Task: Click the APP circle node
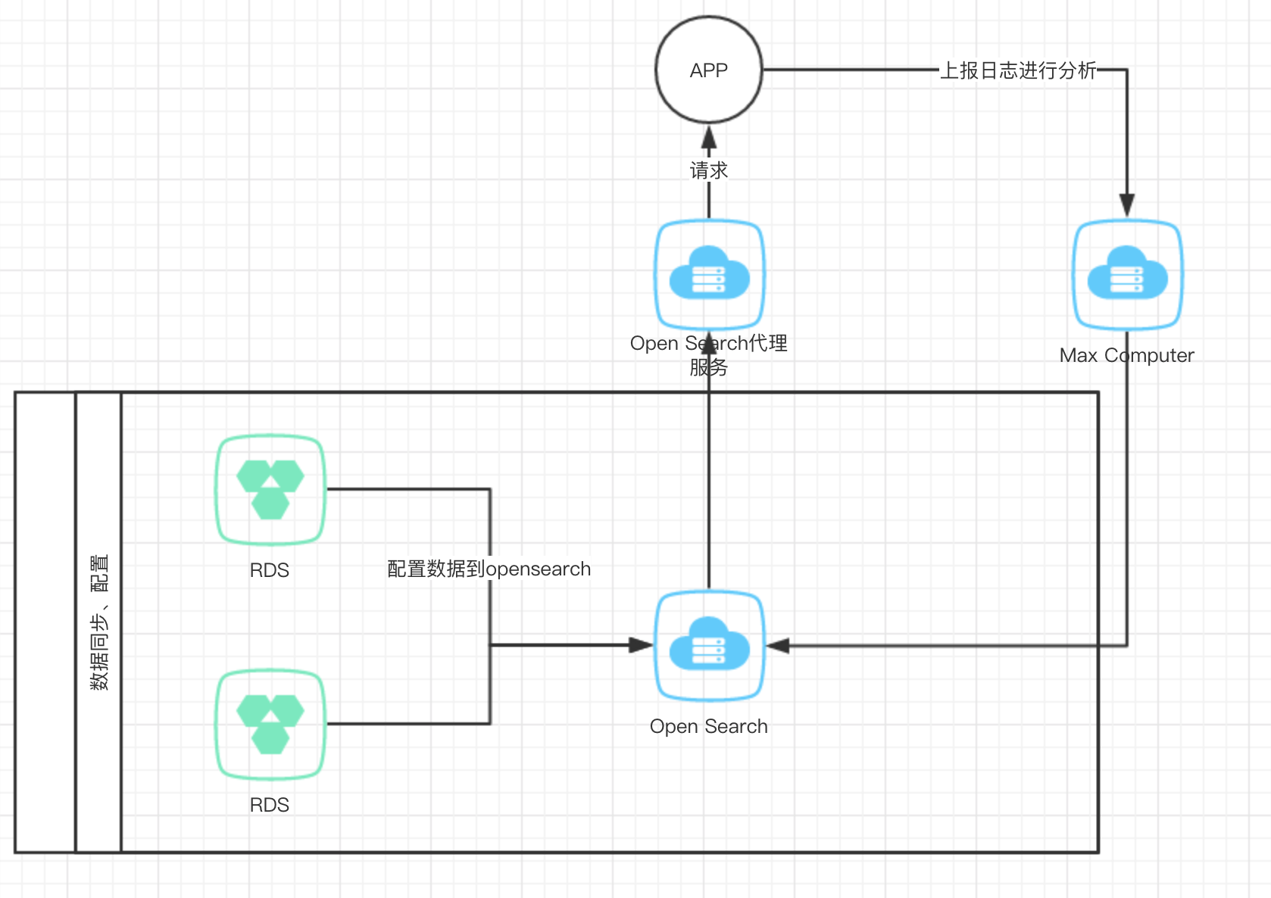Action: click(708, 70)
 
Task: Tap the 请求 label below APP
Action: click(708, 170)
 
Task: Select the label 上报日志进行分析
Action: click(1017, 70)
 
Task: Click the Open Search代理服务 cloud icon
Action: click(709, 274)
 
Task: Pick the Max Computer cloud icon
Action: click(1127, 274)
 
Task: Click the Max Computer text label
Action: click(1126, 355)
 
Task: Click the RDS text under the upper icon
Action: click(270, 570)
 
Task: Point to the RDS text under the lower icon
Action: click(270, 805)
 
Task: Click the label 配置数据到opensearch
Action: click(489, 569)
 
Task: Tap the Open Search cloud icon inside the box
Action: click(709, 645)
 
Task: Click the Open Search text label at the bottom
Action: click(708, 726)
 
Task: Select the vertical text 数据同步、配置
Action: click(99, 622)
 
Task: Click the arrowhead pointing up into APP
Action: click(709, 138)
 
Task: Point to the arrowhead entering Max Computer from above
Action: click(1127, 204)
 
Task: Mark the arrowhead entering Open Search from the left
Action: click(641, 645)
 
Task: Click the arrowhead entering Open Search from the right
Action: click(778, 645)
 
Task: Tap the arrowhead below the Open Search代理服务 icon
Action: click(709, 345)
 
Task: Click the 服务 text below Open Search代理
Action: click(708, 367)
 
